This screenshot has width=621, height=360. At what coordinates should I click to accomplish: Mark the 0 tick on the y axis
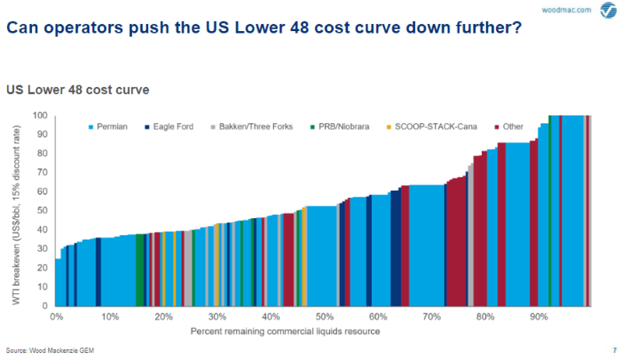pos(47,306)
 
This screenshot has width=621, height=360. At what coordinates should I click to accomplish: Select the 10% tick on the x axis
pos(109,317)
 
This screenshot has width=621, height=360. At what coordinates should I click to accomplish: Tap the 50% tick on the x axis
pos(324,317)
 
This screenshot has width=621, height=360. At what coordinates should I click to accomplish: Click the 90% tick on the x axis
pos(539,317)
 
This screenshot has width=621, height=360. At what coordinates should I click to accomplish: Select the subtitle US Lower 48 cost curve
pos(78,90)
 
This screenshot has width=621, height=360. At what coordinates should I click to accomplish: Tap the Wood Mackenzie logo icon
pos(607,11)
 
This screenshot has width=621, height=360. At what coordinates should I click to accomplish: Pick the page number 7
pos(614,350)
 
